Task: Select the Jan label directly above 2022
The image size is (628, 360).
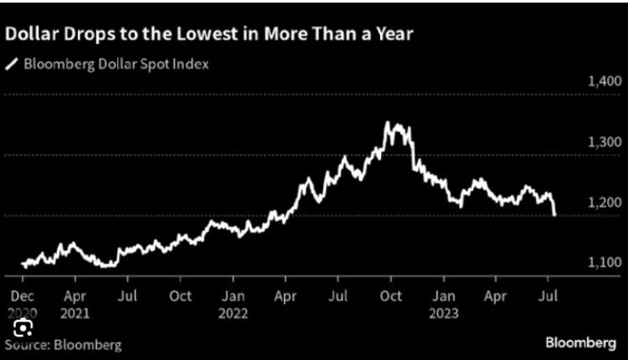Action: pos(234,296)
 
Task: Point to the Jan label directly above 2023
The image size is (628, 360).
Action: pos(445,296)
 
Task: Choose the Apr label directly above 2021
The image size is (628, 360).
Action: pos(75,296)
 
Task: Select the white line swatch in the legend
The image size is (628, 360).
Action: pos(12,63)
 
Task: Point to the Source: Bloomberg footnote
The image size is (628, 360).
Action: pos(63,343)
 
